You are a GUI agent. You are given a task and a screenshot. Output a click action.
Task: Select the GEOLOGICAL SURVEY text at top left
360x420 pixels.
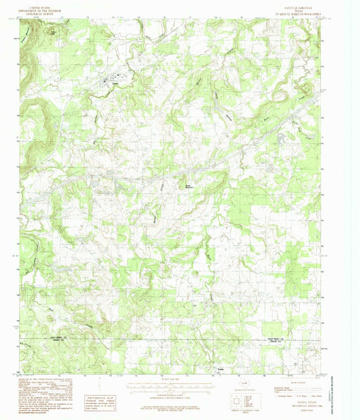coord(38,11)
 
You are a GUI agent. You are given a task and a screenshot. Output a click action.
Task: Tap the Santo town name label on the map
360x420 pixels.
coord(115,83)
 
